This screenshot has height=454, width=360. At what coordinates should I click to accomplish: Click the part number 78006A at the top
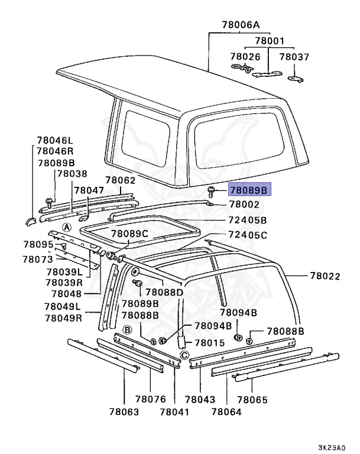[x=241, y=25]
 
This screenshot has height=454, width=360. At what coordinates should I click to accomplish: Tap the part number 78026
[x=245, y=57]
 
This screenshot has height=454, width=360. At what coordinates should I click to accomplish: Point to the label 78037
[x=294, y=57]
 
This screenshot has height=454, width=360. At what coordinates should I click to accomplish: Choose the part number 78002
[x=244, y=205]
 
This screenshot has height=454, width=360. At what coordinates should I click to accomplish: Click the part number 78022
[x=325, y=275]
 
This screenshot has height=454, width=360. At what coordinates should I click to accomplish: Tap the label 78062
[x=121, y=180]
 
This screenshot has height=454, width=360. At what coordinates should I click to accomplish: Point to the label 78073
[x=38, y=259]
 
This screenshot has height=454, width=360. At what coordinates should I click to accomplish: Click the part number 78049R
[x=63, y=317]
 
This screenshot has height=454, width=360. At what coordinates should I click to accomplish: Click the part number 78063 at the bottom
[x=124, y=411]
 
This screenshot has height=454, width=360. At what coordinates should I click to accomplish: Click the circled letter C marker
[x=184, y=355]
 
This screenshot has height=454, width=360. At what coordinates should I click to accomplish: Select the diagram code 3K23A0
[x=339, y=447]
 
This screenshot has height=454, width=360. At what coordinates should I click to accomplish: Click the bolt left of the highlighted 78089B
[x=211, y=190]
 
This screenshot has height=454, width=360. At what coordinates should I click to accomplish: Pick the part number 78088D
[x=164, y=292]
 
